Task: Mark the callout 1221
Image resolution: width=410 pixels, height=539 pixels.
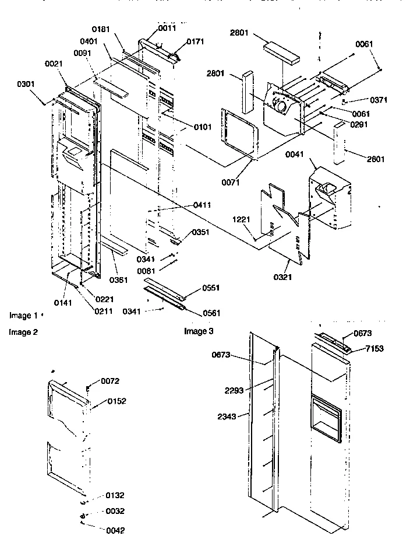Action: click(x=242, y=220)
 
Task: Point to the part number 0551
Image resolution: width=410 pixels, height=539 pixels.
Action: click(x=211, y=288)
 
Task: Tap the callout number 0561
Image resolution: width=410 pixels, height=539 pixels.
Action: click(x=211, y=313)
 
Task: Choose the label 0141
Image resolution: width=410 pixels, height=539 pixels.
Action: click(x=63, y=302)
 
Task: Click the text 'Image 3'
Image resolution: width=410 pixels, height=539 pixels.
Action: click(x=199, y=331)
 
